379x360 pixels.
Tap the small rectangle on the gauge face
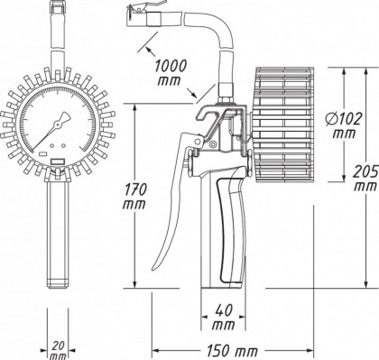tap(58, 161)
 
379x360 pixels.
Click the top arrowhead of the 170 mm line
tap(134, 106)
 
